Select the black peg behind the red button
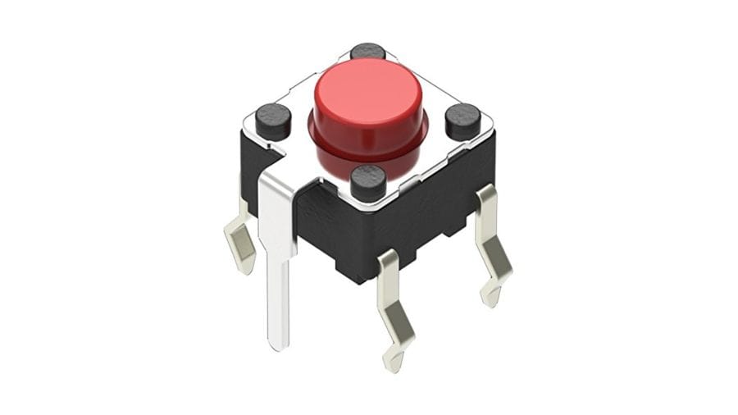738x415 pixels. tap(368, 51)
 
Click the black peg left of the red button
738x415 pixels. tap(273, 120)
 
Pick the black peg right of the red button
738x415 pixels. tap(463, 120)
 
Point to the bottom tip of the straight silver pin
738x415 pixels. tap(280, 344)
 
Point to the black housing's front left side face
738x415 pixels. tap(328, 234)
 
